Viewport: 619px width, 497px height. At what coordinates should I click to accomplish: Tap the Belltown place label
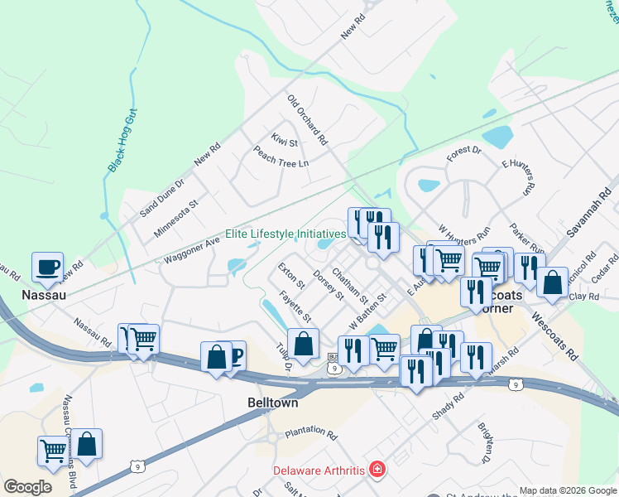(x=272, y=402)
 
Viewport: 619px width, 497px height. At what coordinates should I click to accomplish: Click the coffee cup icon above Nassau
(x=47, y=267)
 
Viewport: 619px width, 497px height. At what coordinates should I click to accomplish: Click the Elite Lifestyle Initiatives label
(x=286, y=234)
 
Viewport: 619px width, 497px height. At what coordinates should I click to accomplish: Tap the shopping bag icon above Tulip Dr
(x=304, y=344)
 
